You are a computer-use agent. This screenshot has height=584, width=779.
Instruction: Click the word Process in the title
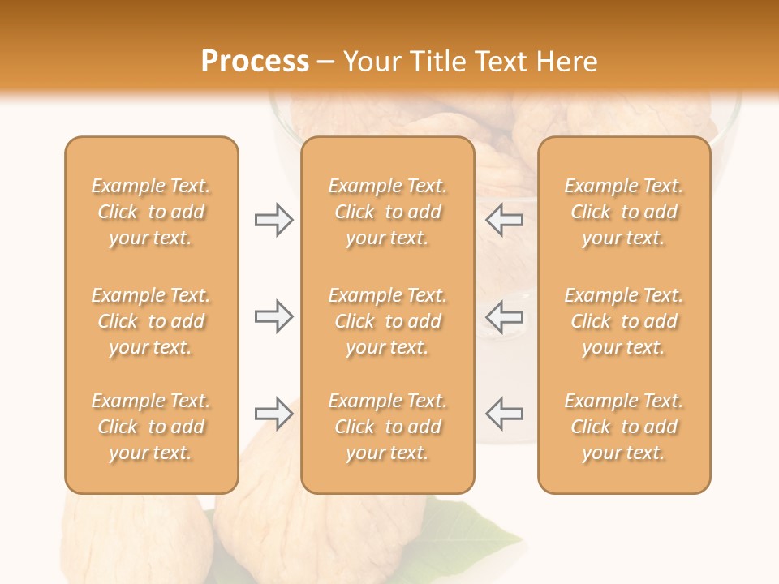[x=255, y=62]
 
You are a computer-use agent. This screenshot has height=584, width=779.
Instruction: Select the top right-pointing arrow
[x=273, y=220]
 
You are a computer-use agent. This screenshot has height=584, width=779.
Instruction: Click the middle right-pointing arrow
[x=273, y=316]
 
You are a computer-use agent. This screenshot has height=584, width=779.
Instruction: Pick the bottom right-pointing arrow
[x=273, y=414]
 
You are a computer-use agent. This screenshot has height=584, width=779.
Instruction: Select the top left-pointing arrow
[x=504, y=220]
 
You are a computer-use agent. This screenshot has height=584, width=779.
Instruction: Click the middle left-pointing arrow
[x=504, y=316]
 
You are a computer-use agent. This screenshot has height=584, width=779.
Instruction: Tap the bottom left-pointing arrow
[x=504, y=414]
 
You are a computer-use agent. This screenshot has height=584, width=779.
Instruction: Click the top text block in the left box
[x=151, y=212]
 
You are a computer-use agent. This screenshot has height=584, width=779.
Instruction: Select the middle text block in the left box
[x=151, y=321]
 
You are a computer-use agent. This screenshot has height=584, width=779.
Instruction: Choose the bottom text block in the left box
[x=151, y=427]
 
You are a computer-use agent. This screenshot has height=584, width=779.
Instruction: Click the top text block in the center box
[x=387, y=212]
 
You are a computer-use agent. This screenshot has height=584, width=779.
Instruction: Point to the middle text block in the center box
[x=387, y=321]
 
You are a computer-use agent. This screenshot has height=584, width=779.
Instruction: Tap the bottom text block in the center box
[x=387, y=427]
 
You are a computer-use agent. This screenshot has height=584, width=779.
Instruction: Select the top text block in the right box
[x=623, y=212]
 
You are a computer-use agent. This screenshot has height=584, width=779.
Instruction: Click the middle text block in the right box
[x=623, y=321]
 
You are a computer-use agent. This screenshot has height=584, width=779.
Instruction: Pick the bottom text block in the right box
[x=623, y=427]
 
